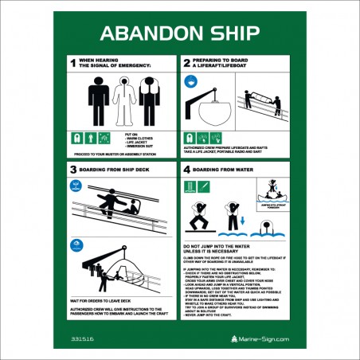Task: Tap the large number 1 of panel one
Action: click(72, 63)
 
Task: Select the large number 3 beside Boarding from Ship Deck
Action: click(72, 170)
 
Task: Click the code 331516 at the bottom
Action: click(82, 338)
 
